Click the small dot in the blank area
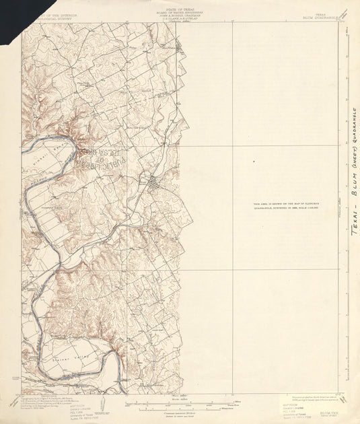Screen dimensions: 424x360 coord(254,162)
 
